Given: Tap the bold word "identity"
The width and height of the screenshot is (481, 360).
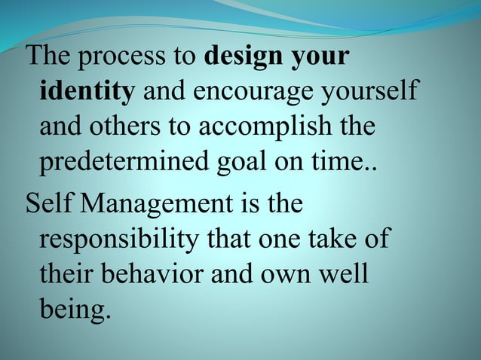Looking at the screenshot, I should [x=87, y=93].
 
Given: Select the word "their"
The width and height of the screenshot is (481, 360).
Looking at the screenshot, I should [x=66, y=273].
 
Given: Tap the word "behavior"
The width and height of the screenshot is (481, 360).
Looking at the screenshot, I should [x=152, y=273].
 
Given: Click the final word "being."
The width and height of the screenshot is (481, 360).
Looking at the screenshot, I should [x=75, y=309].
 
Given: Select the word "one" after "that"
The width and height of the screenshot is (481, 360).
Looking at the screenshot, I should [x=286, y=239].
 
